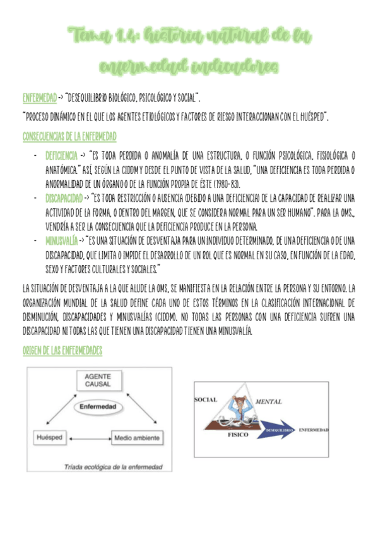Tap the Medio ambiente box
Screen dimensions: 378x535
136,437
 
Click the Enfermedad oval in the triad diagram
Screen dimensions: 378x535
98,408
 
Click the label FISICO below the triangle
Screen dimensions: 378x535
239,435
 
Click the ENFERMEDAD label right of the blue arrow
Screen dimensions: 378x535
313,430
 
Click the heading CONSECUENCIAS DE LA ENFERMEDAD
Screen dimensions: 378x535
69,136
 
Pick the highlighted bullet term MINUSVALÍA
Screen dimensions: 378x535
62,240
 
